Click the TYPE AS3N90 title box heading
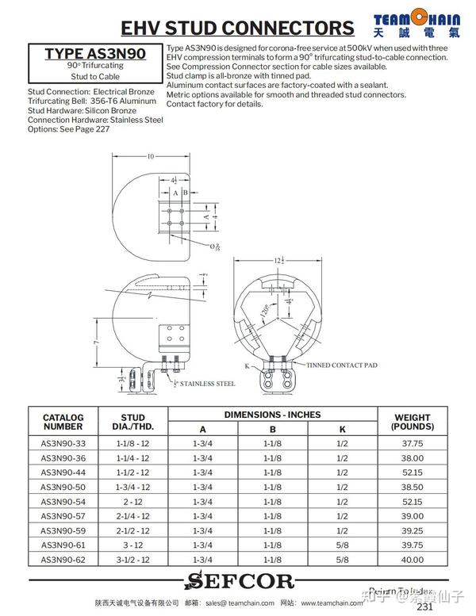click(94, 54)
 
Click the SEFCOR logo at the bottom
click(240, 582)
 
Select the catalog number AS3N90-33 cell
click(63, 443)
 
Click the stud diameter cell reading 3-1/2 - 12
click(133, 560)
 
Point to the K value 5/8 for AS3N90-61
click(343, 545)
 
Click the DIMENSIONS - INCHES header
click(272, 415)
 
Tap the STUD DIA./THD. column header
click(133, 422)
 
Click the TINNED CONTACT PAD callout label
click(340, 365)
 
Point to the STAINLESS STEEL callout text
click(205, 384)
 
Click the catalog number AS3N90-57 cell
click(63, 516)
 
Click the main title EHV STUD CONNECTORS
click(237, 29)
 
